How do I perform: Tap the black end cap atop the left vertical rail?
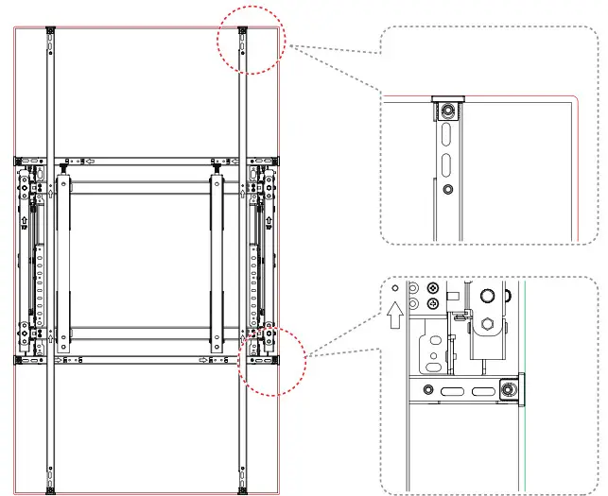pyautogui.click(x=48, y=28)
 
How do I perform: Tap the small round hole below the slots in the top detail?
pyautogui.click(x=448, y=189)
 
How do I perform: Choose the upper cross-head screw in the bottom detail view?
pyautogui.click(x=432, y=286)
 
